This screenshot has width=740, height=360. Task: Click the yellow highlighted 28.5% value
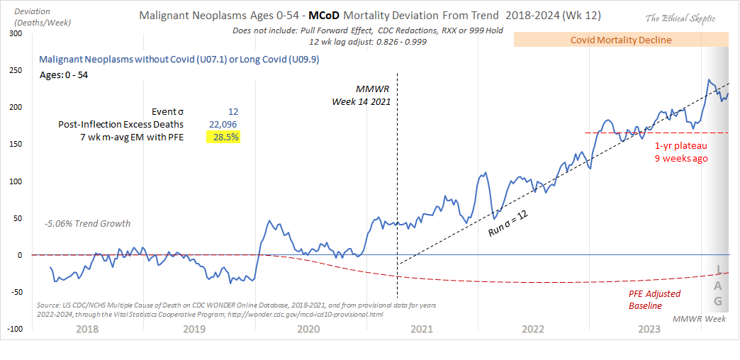tap(225, 137)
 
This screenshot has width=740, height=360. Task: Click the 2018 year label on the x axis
tap(86, 329)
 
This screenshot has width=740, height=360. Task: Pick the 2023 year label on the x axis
tap(649, 329)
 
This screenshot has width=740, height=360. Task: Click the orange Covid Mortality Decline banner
tap(621, 40)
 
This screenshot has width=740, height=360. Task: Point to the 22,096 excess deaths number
tap(223, 124)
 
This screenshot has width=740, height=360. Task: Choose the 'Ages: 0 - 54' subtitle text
tap(64, 74)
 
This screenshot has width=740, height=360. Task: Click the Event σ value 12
tap(232, 111)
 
